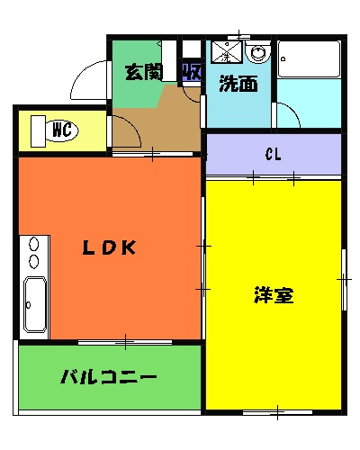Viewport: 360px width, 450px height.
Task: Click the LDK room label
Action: pos(109,249)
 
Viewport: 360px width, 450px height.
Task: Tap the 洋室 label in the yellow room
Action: pos(274,294)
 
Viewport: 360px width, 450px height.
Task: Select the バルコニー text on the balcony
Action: pos(108,377)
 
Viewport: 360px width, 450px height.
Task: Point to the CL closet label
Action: pos(274,154)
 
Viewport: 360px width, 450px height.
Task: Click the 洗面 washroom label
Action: pos(238,85)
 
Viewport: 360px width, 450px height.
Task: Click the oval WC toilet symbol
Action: pos(61,130)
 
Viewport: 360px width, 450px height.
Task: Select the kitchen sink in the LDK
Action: pos(34,306)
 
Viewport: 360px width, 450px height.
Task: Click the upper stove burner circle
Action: pos(34,243)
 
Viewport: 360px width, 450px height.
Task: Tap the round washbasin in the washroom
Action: pos(259,53)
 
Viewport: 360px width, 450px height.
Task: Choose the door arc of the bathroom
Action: pos(286,115)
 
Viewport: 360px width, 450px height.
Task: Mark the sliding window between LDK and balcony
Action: pos(124,341)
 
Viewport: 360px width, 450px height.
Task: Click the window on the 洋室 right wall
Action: pos(343,280)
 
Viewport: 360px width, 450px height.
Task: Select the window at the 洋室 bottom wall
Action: pos(274,412)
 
